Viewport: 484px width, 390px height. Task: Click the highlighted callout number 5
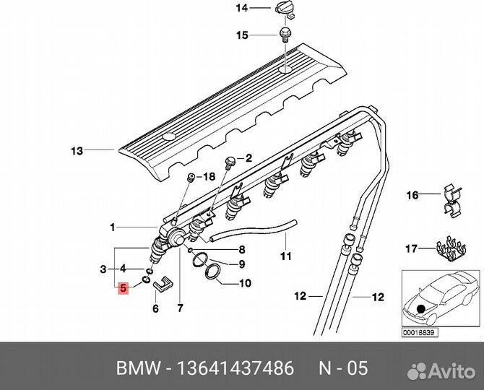(124, 287)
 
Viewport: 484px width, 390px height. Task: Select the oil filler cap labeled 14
(282, 8)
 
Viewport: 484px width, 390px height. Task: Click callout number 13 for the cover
(77, 151)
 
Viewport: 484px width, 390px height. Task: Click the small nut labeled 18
(191, 177)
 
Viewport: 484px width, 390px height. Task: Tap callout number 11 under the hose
(285, 256)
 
